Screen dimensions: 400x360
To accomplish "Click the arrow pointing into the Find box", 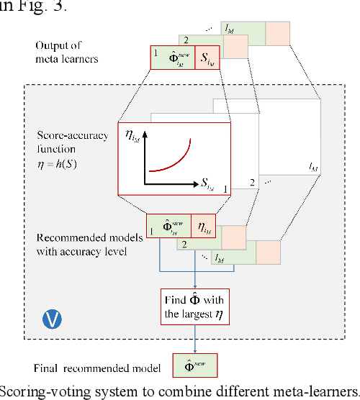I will [x=195, y=277].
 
